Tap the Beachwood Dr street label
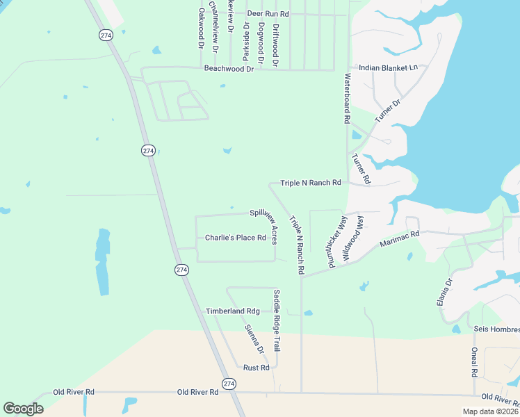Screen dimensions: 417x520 (x=229, y=68)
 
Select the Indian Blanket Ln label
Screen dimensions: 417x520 (x=388, y=68)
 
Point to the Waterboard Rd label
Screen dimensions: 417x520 (x=346, y=99)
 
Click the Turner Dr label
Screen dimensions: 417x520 (x=388, y=111)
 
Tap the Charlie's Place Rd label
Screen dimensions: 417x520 (x=236, y=238)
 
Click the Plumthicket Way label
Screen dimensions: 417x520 (x=336, y=241)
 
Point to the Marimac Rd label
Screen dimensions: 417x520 (x=400, y=240)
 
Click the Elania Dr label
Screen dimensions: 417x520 (x=449, y=293)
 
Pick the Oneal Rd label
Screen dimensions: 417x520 (x=474, y=362)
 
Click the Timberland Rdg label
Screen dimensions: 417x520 (x=232, y=311)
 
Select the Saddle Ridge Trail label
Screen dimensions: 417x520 (x=277, y=320)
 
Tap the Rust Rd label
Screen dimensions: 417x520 (x=256, y=367)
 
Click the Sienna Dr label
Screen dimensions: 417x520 (x=254, y=338)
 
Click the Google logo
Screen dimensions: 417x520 (x=23, y=408)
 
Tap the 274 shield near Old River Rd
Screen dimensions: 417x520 (x=229, y=384)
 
